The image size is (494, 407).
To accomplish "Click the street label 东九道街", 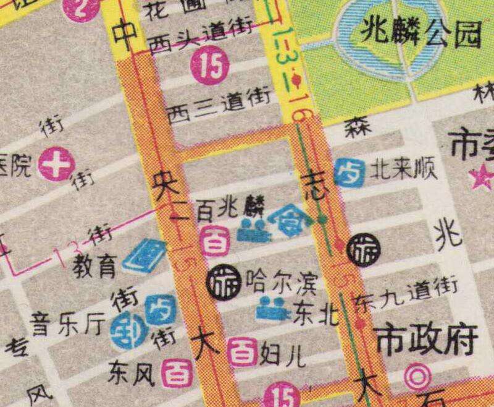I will (x=407, y=293).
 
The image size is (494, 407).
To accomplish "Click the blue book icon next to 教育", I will (x=144, y=257).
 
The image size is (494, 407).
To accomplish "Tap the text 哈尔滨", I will (x=281, y=283).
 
